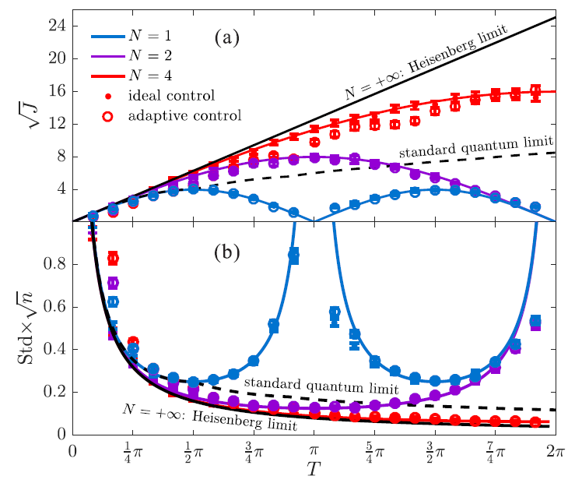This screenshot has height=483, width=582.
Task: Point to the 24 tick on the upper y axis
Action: coord(59,26)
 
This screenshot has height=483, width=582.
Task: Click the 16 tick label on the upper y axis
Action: coord(59,91)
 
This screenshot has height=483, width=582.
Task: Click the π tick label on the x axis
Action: coord(314,451)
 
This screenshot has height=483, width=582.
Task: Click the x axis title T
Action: coord(314,470)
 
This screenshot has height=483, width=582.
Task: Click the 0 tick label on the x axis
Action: coord(72,451)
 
